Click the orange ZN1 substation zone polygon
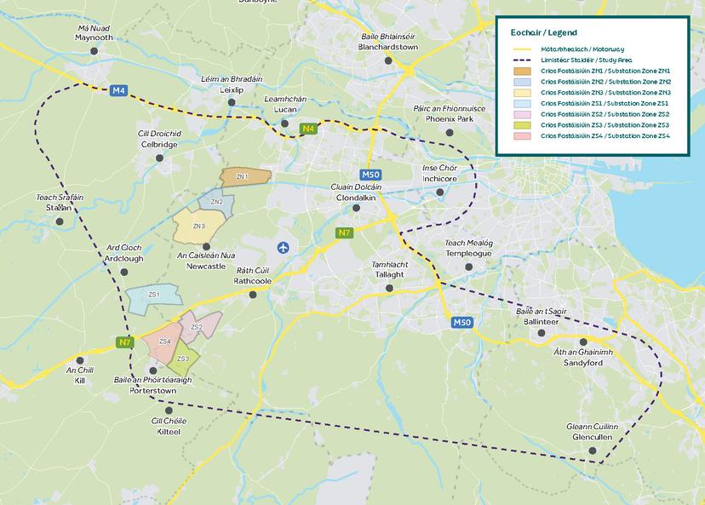click(x=245, y=177)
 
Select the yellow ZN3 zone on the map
click(x=199, y=227)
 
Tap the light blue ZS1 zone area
click(x=154, y=299)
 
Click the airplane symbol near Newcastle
click(x=283, y=247)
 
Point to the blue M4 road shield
click(x=118, y=90)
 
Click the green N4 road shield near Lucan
click(x=310, y=129)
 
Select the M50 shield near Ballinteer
click(x=461, y=322)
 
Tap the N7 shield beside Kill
click(x=125, y=343)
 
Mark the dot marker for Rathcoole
click(x=253, y=295)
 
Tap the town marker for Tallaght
click(x=390, y=288)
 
